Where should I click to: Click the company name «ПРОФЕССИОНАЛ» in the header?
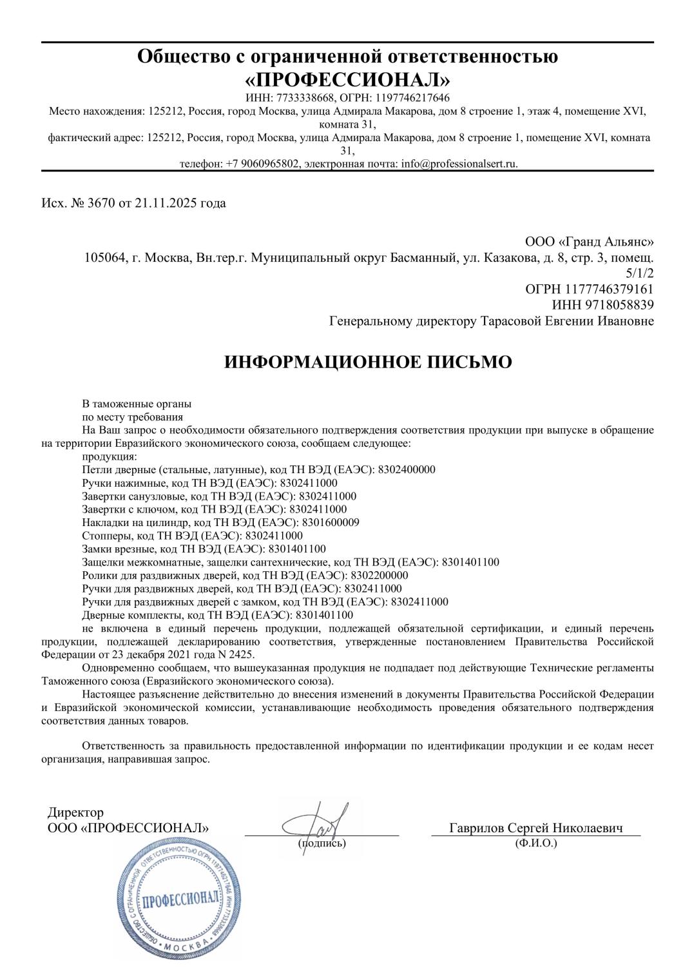pyautogui.click(x=347, y=79)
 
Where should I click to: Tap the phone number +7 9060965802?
pyautogui.click(x=262, y=164)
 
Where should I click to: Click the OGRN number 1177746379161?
pyautogui.click(x=610, y=289)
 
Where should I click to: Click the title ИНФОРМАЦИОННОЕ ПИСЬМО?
pyautogui.click(x=368, y=362)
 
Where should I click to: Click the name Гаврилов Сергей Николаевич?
pyautogui.click(x=535, y=828)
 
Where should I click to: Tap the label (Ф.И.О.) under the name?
pyautogui.click(x=536, y=843)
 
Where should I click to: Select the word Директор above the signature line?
pyautogui.click(x=75, y=813)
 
